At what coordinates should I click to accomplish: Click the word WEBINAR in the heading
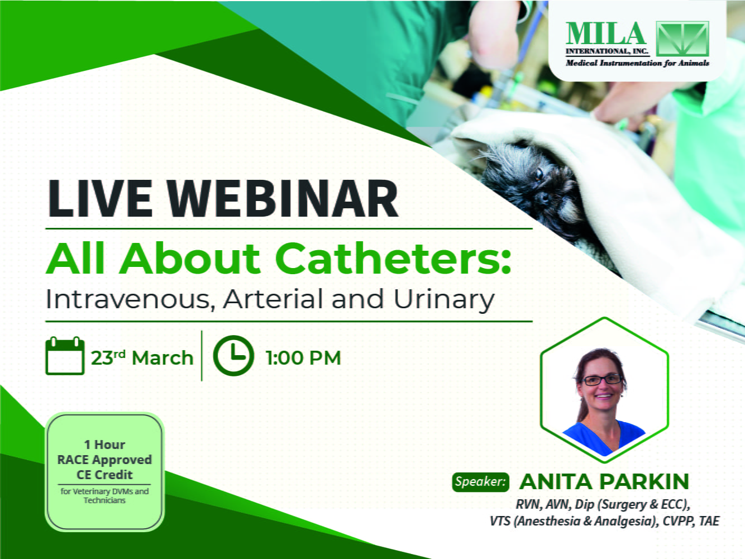click(x=283, y=198)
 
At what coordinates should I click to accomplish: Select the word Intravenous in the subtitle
click(x=130, y=299)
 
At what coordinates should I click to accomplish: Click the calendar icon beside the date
click(x=65, y=356)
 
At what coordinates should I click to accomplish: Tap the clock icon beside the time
click(x=233, y=356)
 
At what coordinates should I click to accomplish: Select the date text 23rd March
click(x=142, y=357)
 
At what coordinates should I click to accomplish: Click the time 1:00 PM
click(x=303, y=358)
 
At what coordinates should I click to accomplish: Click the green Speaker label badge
click(x=481, y=482)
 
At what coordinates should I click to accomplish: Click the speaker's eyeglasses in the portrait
click(x=603, y=379)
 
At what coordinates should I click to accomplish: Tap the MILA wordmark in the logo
click(x=606, y=34)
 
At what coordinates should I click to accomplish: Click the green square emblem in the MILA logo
click(x=682, y=39)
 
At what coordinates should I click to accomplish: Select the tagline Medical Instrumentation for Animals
click(x=637, y=63)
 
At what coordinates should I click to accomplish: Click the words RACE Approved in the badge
click(x=104, y=460)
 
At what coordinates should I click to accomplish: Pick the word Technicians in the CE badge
click(x=104, y=500)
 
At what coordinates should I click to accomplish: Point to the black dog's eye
click(x=538, y=174)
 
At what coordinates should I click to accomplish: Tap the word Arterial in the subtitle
click(x=274, y=299)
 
